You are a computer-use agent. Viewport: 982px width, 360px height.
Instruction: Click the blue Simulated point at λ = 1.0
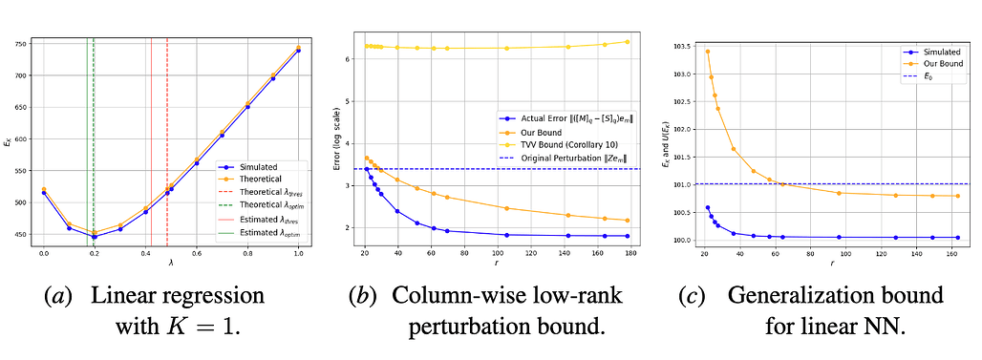pyautogui.click(x=298, y=51)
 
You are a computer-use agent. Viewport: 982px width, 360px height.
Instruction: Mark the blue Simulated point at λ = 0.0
pyautogui.click(x=43, y=193)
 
